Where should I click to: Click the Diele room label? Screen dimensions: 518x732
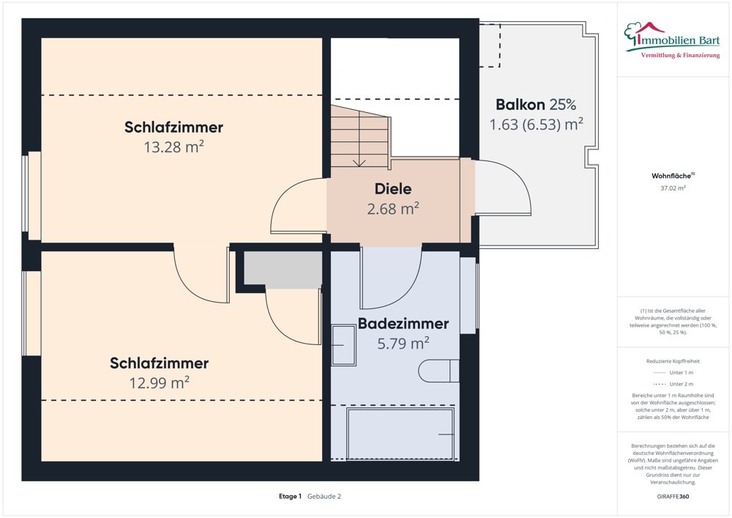click(393, 189)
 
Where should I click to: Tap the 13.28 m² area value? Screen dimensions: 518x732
click(173, 147)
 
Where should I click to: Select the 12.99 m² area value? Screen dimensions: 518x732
click(160, 382)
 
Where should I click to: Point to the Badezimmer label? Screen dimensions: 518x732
click(403, 323)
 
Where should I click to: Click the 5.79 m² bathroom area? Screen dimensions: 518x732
click(403, 342)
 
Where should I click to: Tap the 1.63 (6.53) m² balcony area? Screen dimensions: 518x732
click(536, 124)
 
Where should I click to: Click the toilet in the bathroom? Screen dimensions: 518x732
click(439, 371)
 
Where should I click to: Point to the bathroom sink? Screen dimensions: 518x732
click(343, 345)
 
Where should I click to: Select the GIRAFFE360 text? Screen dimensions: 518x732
click(673, 497)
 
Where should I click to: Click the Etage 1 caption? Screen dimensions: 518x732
click(290, 496)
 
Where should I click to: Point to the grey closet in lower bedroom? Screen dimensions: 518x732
click(283, 269)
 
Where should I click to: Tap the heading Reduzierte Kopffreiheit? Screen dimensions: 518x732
click(673, 361)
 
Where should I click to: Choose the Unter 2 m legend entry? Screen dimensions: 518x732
click(673, 384)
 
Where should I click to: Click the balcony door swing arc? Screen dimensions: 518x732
click(512, 187)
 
